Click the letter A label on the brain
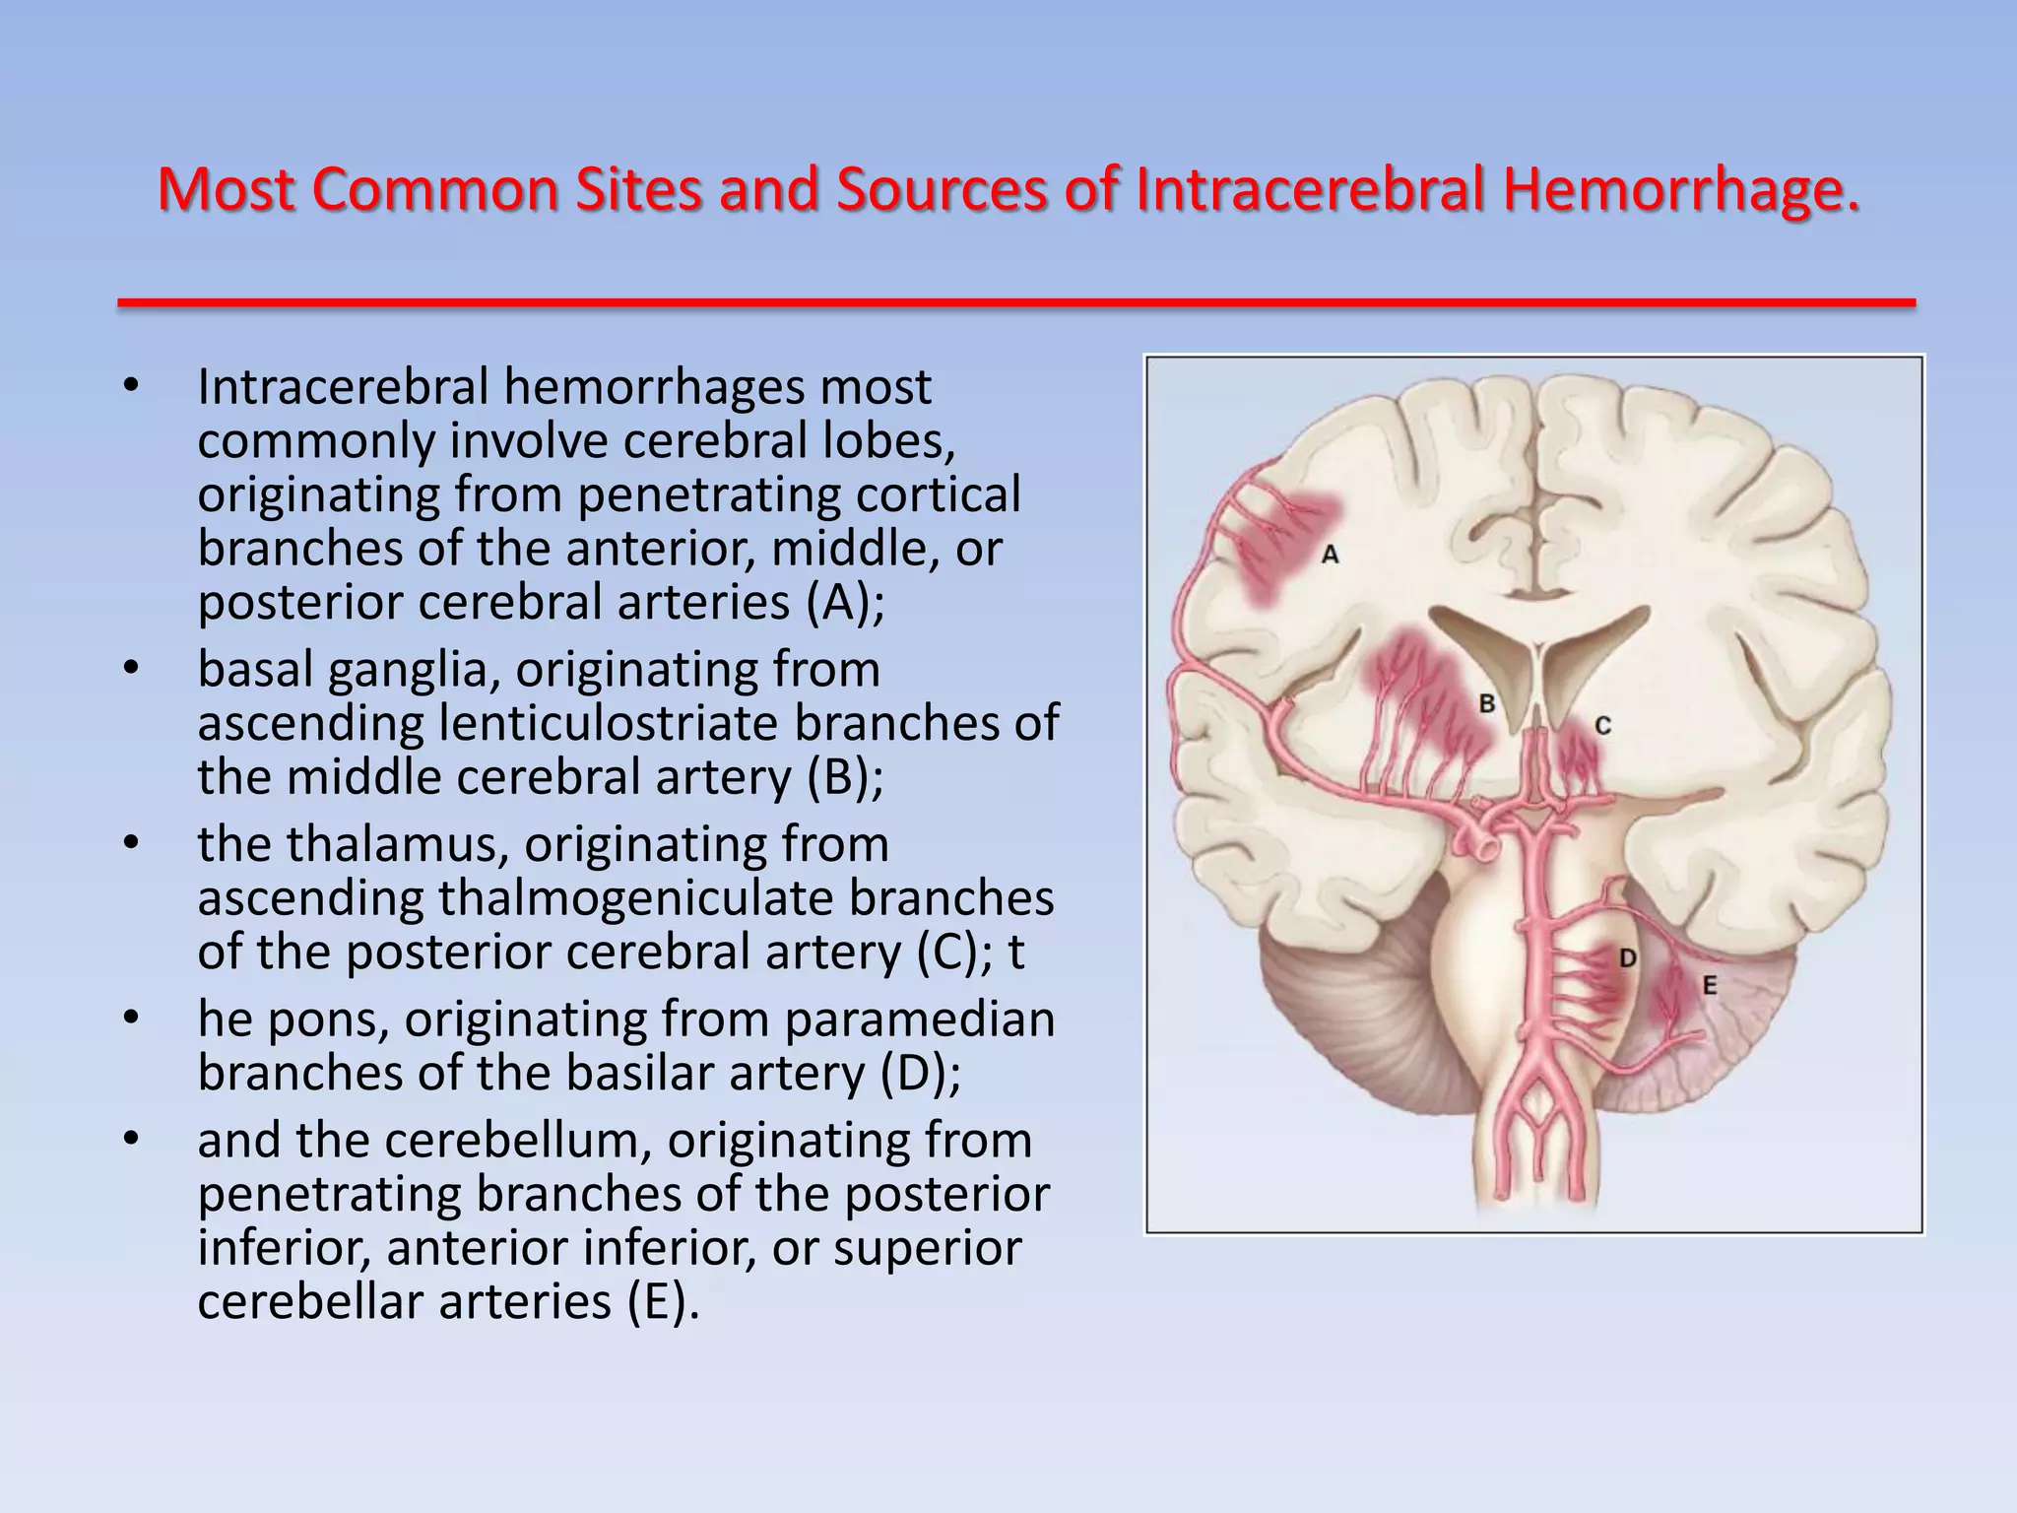tap(1330, 555)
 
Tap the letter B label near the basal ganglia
tap(1487, 703)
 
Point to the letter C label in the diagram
tap(1602, 726)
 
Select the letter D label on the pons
tap(1627, 957)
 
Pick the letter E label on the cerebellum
tap(1709, 985)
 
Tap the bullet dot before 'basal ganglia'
tap(132, 670)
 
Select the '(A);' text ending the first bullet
tap(846, 603)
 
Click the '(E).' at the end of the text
tap(663, 1302)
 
